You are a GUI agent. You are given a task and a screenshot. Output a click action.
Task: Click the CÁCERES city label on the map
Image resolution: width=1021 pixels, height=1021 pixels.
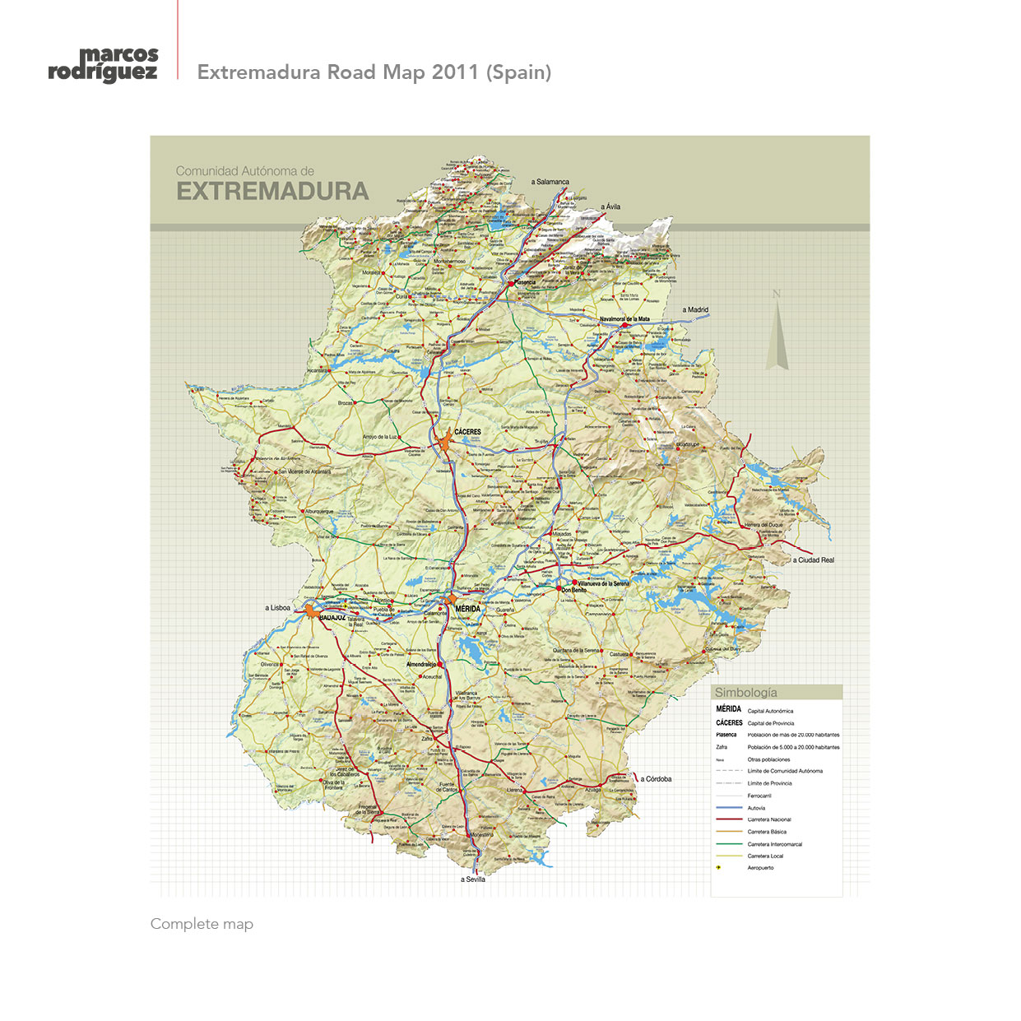point(467,431)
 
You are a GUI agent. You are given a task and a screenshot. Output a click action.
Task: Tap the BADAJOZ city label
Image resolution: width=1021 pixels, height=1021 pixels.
point(332,617)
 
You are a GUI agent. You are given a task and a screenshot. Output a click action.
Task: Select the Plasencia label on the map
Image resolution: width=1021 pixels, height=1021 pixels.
point(524,282)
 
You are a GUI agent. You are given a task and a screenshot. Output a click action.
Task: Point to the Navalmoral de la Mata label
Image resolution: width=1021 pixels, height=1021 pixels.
point(624,319)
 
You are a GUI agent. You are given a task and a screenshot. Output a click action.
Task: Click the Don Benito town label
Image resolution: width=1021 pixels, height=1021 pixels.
point(573,590)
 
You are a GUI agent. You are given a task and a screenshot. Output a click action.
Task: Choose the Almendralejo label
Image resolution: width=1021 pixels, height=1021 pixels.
point(420,664)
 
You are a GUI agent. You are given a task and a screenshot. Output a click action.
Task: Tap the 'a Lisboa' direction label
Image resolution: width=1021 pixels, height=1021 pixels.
point(277,608)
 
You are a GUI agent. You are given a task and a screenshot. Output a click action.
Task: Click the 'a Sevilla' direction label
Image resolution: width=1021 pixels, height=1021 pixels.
point(472,879)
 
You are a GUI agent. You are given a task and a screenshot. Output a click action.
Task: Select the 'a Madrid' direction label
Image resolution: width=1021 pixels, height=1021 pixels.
point(695,310)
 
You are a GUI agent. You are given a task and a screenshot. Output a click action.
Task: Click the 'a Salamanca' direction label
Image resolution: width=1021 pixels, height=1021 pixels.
point(550,182)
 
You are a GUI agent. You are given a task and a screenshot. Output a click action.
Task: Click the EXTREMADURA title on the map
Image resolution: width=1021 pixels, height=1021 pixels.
point(272,192)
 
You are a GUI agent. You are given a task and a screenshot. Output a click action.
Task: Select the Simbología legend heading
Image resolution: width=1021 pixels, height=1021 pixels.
point(745,693)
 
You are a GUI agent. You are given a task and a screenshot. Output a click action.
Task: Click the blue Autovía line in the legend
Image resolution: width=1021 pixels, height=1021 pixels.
point(729,808)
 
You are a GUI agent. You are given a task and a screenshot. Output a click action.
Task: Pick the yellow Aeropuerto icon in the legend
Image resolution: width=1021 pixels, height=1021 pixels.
point(719,867)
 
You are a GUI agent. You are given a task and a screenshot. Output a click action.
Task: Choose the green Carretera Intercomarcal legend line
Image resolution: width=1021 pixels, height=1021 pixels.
point(729,844)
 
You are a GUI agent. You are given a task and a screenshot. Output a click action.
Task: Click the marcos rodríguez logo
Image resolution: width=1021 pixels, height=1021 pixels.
point(103,64)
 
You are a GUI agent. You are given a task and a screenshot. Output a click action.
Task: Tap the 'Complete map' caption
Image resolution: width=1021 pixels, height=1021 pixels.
point(202,924)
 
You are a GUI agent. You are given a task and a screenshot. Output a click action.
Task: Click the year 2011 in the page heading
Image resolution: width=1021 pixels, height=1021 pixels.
point(455,72)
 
